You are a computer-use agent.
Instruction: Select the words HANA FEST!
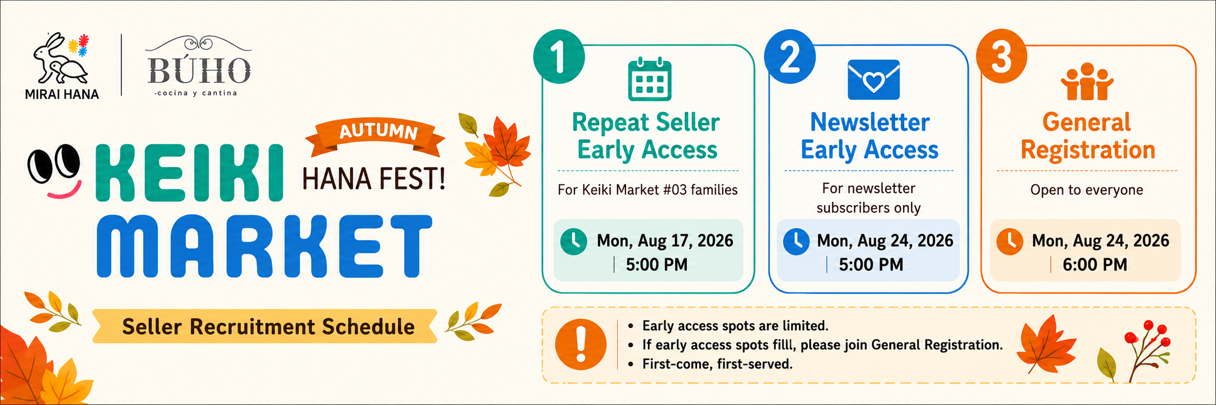[x=374, y=179]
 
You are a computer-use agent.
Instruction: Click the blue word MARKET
[x=264, y=246]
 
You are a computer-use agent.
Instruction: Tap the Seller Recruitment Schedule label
[x=268, y=327]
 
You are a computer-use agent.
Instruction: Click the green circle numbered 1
[x=559, y=56]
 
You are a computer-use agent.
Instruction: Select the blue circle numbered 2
[x=790, y=56]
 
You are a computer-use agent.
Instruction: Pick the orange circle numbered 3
[x=1002, y=56]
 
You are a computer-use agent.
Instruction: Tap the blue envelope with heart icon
[x=873, y=79]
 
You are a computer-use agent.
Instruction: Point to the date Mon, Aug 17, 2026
[x=665, y=241]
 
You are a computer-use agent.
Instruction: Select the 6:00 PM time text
[x=1095, y=265]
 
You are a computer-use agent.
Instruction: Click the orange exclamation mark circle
[x=581, y=345]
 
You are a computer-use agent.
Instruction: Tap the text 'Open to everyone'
[x=1087, y=190]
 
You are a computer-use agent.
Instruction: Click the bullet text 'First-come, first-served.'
[x=717, y=364]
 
